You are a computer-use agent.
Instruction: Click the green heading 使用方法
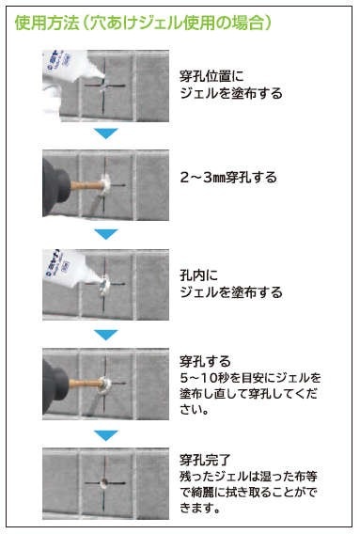click(x=47, y=24)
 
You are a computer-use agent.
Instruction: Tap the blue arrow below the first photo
click(x=106, y=133)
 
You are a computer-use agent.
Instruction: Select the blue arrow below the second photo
click(x=106, y=234)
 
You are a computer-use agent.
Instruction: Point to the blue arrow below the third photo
click(x=106, y=335)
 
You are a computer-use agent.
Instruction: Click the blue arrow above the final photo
click(x=106, y=435)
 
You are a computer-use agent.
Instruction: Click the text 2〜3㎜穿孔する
click(x=228, y=178)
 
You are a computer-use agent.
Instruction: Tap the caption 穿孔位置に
click(x=211, y=76)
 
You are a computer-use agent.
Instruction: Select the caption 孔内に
click(x=199, y=275)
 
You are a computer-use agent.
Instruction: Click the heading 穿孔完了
click(x=205, y=460)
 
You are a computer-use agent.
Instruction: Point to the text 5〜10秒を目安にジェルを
click(x=250, y=378)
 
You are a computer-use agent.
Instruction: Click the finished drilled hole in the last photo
click(x=104, y=482)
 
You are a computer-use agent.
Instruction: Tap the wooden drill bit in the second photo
click(x=86, y=185)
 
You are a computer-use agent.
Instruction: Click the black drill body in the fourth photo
click(x=55, y=385)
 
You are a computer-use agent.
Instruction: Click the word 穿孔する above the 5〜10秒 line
click(x=205, y=361)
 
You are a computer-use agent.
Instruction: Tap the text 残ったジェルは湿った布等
click(x=249, y=477)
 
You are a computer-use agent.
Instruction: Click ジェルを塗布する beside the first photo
click(x=231, y=93)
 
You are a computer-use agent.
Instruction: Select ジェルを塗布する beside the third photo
click(x=231, y=292)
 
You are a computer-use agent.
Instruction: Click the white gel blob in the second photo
click(x=105, y=185)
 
